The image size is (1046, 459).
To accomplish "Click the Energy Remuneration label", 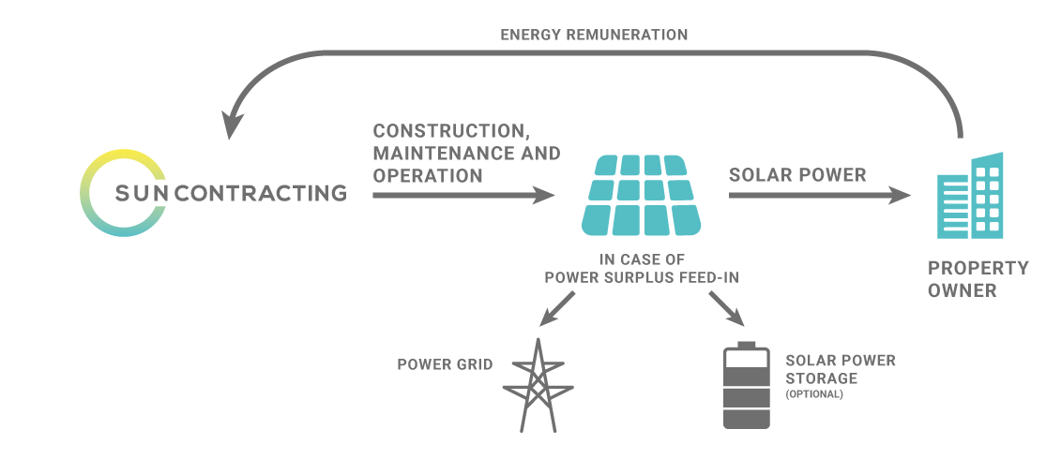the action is point(594,35).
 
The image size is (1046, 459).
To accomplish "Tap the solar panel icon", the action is point(642,195).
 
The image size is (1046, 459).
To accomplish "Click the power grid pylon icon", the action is point(538,385).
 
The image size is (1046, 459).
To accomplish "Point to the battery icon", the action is point(747,385).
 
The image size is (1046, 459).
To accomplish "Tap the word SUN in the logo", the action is point(143,193).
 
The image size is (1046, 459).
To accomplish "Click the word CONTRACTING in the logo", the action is point(261,193).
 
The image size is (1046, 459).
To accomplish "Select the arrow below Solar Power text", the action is point(820,196).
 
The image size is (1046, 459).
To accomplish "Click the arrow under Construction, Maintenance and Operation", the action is point(463,196).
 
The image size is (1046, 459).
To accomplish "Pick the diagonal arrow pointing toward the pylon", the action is point(556,309).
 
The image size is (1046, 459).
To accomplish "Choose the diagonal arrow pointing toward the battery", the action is point(726,309).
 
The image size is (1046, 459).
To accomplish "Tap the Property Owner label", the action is point(978,279).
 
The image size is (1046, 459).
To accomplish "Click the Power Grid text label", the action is point(445,364).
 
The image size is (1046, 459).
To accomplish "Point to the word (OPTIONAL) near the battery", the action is point(814,394).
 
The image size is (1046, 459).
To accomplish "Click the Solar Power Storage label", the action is point(841,369).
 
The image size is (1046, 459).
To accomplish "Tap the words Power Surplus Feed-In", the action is point(642,277).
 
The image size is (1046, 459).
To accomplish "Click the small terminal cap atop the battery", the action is point(747,345).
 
